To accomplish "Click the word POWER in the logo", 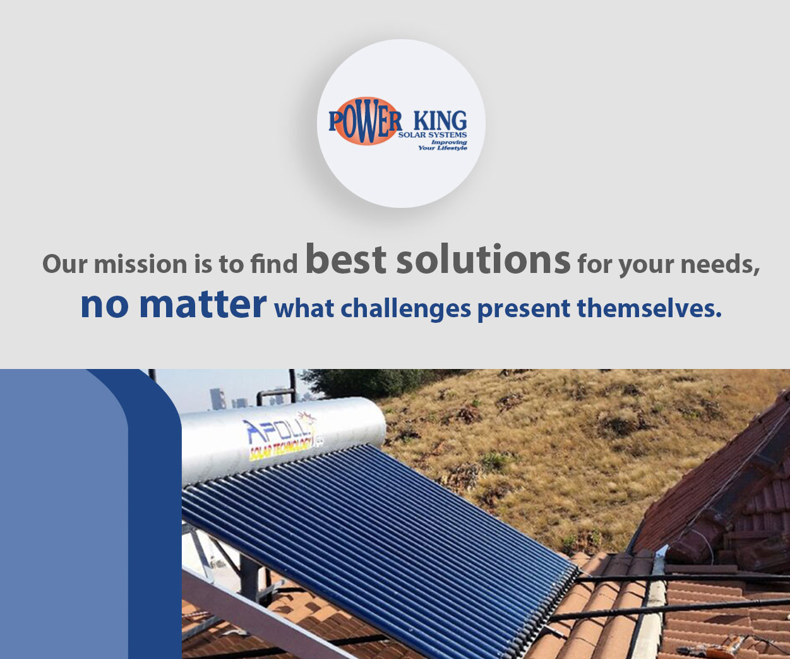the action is tap(365, 121).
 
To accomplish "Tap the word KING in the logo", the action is tap(440, 121).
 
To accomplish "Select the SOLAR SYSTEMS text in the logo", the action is tap(433, 135).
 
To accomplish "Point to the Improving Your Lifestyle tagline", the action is tap(443, 145).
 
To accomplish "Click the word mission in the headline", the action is tap(140, 263).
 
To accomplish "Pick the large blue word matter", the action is tap(203, 305).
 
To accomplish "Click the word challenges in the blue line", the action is tap(405, 309).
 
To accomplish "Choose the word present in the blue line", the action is tap(524, 310).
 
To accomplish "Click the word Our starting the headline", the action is tap(64, 263).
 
